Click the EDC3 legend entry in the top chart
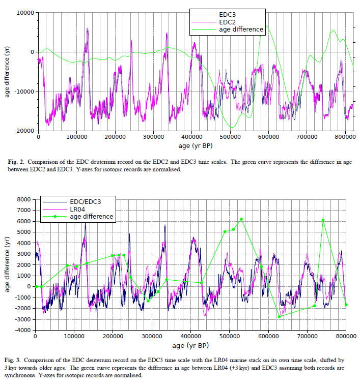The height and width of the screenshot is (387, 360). pos(228,15)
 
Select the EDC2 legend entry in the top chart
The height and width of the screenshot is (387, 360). pos(228,22)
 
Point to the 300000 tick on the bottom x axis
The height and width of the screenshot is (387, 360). pos(151,337)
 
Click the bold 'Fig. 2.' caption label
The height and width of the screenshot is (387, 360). pos(18,162)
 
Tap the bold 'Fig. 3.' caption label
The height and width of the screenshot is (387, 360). pos(18,360)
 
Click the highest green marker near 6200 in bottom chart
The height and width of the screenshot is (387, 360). pos(241,219)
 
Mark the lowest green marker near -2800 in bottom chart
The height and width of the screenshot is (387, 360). pos(280,317)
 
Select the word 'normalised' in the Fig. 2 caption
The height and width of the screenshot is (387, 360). pos(164,169)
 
